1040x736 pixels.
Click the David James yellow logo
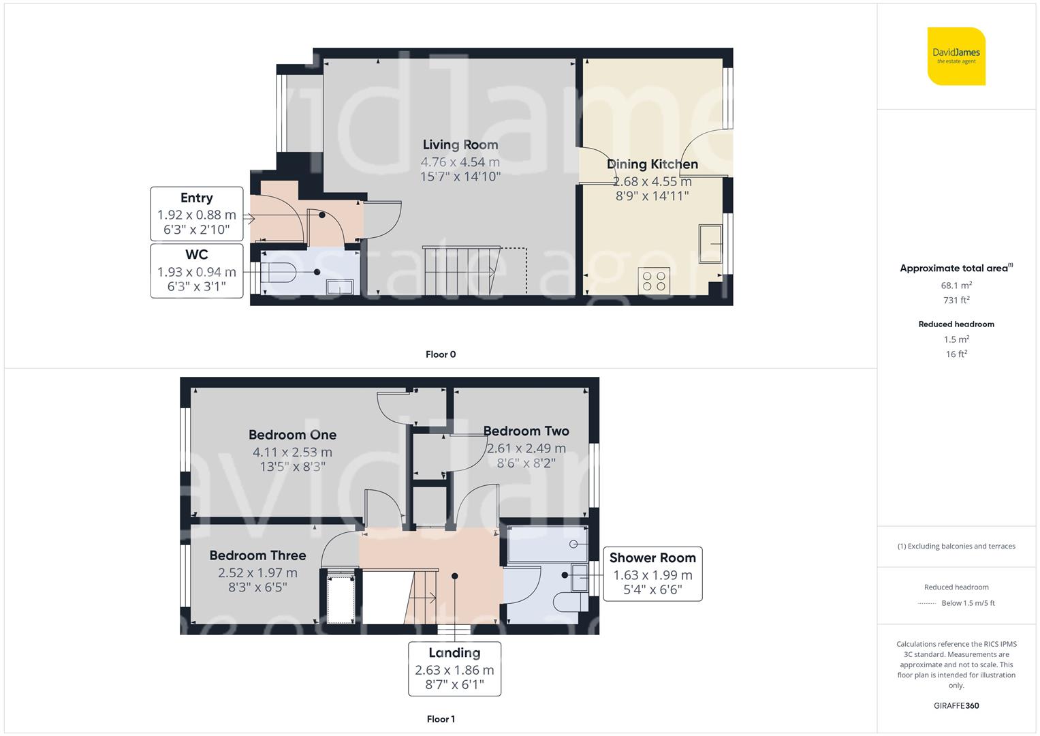[956, 56]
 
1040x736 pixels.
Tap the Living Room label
[460, 145]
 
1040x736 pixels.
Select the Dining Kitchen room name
[652, 164]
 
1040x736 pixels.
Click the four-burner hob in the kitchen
[654, 281]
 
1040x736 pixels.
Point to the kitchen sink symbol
[710, 243]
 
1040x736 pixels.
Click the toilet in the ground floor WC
[278, 273]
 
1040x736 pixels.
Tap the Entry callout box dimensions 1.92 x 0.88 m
[196, 215]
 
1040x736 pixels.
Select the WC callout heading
[196, 255]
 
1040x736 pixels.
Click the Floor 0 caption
[441, 354]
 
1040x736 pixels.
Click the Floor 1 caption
[441, 719]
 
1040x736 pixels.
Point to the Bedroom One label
[292, 435]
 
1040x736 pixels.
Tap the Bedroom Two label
[526, 431]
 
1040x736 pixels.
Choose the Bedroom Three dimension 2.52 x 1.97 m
[257, 572]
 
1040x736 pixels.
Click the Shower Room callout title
[652, 557]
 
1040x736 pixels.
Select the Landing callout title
[454, 653]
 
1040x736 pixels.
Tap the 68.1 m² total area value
[956, 286]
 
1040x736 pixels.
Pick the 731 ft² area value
[956, 300]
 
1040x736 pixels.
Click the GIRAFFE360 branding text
[956, 705]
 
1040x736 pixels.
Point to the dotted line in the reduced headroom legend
[927, 604]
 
